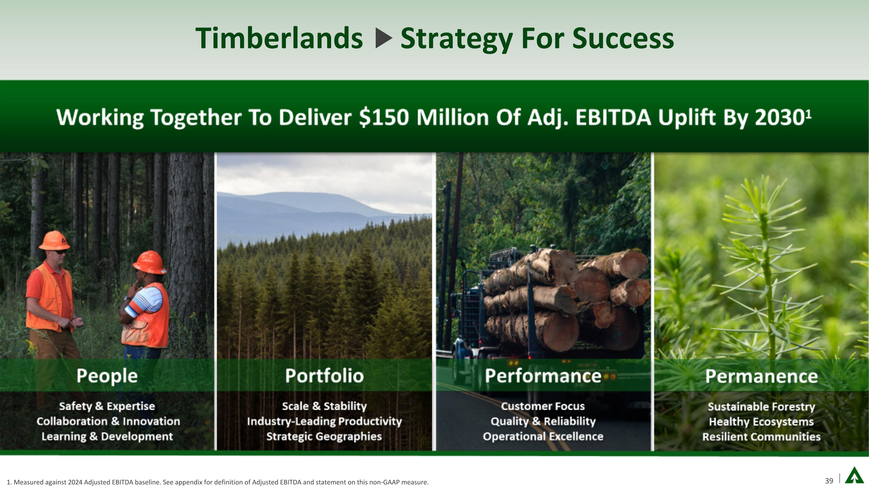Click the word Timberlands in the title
(x=279, y=38)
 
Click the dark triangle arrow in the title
(x=384, y=38)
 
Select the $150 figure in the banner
(x=384, y=117)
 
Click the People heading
(x=107, y=376)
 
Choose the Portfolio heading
(x=324, y=376)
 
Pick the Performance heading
(x=543, y=376)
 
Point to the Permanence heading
(x=761, y=376)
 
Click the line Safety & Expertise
(x=107, y=406)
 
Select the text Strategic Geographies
(x=324, y=436)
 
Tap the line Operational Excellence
(x=543, y=436)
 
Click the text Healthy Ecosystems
(x=761, y=422)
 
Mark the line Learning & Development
(x=107, y=436)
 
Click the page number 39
(x=829, y=481)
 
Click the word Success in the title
(x=623, y=38)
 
